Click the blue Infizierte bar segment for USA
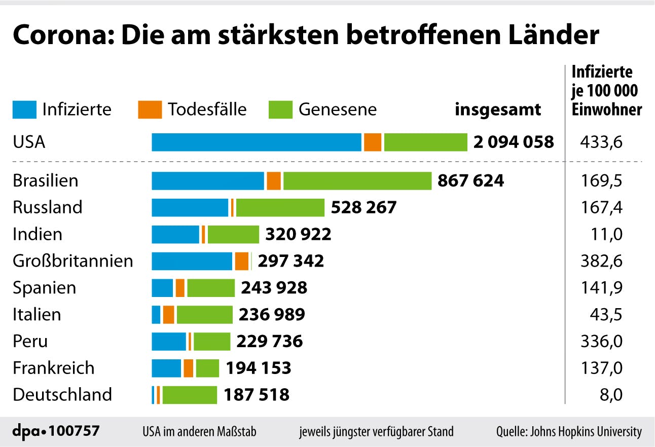pyautogui.click(x=257, y=142)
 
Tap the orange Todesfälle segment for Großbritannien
pyautogui.click(x=242, y=261)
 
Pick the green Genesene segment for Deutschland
pyautogui.click(x=190, y=395)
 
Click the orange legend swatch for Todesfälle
pyautogui.click(x=150, y=109)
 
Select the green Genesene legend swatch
pyautogui.click(x=280, y=109)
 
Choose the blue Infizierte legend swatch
pyautogui.click(x=24, y=109)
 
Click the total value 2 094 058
pyautogui.click(x=514, y=142)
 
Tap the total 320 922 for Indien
pyautogui.click(x=298, y=234)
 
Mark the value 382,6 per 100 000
pyautogui.click(x=601, y=261)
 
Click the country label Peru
pyautogui.click(x=30, y=341)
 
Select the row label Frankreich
pyautogui.click(x=54, y=368)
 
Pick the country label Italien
pyautogui.click(x=37, y=314)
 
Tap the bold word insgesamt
pyautogui.click(x=497, y=109)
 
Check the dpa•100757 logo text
pyautogui.click(x=56, y=431)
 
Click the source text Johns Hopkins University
pyautogui.click(x=588, y=432)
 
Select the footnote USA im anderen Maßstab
pyautogui.click(x=199, y=432)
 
